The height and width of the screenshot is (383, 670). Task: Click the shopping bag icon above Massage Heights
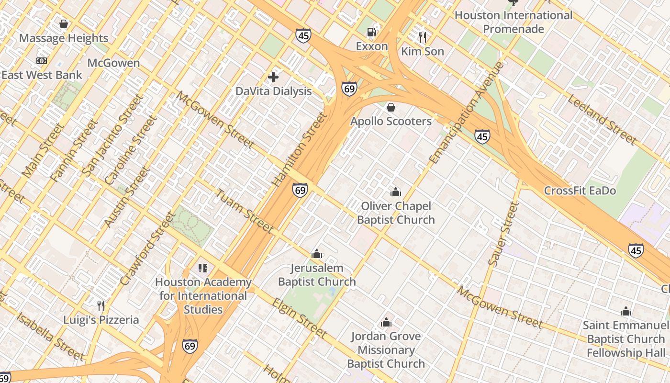[x=63, y=24]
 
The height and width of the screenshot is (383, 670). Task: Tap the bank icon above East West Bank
[x=42, y=61]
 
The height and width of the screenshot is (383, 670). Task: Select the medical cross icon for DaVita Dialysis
[x=273, y=77]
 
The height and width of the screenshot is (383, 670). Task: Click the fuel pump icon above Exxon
[x=371, y=32]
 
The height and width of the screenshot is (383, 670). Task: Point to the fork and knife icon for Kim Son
[x=422, y=37]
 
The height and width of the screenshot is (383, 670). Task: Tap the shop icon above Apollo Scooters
[x=391, y=107]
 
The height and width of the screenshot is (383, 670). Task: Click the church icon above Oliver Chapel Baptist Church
[x=396, y=192]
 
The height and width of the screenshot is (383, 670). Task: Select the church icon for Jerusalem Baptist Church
[x=316, y=254]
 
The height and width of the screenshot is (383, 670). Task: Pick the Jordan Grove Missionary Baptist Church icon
[x=386, y=322]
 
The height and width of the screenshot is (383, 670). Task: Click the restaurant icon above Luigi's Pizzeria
[x=101, y=305]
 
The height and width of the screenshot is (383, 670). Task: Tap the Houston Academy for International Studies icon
[x=203, y=268]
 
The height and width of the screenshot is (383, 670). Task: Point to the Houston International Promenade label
[x=513, y=22]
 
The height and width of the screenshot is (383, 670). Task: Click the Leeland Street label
[x=602, y=119]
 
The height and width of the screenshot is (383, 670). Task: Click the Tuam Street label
[x=244, y=211]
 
